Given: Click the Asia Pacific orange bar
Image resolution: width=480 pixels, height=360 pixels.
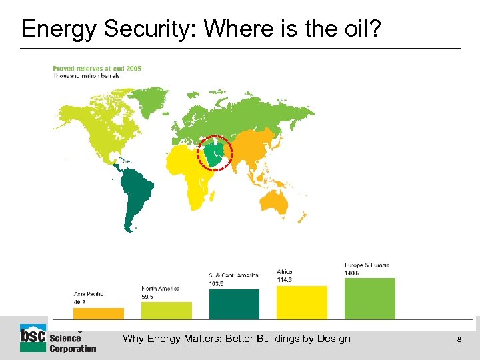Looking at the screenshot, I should [x=98, y=313].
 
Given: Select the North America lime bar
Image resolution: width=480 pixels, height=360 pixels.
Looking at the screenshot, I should [x=166, y=310].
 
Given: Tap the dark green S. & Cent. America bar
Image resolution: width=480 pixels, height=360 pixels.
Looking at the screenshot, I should [x=234, y=304].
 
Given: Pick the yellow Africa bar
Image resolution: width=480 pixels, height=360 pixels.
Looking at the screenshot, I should [x=302, y=302].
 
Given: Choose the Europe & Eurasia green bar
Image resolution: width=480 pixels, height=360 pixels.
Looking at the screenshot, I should [x=370, y=298].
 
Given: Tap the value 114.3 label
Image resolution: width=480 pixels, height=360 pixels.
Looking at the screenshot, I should [x=285, y=279].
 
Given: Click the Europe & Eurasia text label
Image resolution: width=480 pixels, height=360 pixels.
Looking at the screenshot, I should [x=367, y=265].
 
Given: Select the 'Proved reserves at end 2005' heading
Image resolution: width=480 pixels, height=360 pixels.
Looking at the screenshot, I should [x=97, y=68].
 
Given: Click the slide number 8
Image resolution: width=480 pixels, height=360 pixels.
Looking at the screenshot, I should [x=459, y=339].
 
